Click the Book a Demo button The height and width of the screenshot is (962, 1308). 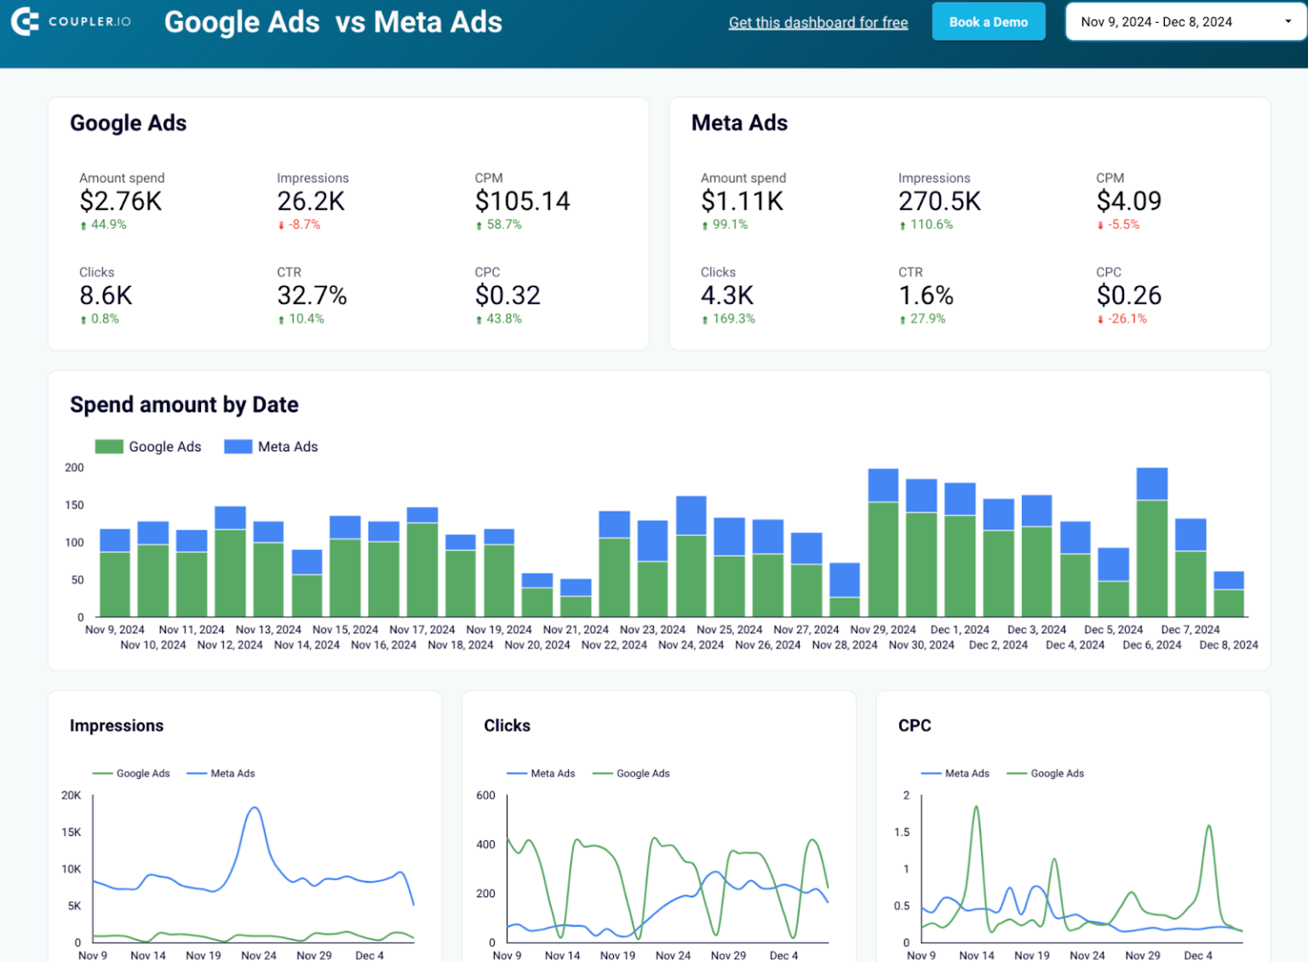point(988,22)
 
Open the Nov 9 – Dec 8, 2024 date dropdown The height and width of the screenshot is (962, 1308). point(1185,22)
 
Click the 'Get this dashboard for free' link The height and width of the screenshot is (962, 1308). point(817,23)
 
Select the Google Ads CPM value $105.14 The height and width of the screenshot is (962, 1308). point(522,201)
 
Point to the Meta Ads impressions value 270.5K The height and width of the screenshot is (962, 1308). point(939,201)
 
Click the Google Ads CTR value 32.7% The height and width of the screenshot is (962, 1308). point(312,295)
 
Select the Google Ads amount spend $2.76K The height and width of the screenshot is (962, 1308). point(120,201)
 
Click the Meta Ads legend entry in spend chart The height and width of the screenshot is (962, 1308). point(271,447)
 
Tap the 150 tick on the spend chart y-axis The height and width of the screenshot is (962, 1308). point(75,505)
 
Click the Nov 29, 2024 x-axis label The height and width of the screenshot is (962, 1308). point(883,630)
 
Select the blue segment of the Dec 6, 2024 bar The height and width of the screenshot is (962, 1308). point(1152,484)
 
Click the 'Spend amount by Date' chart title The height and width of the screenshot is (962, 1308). point(184,404)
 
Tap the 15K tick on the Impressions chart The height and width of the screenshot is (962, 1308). point(72,832)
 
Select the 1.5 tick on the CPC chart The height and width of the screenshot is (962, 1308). point(902,832)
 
